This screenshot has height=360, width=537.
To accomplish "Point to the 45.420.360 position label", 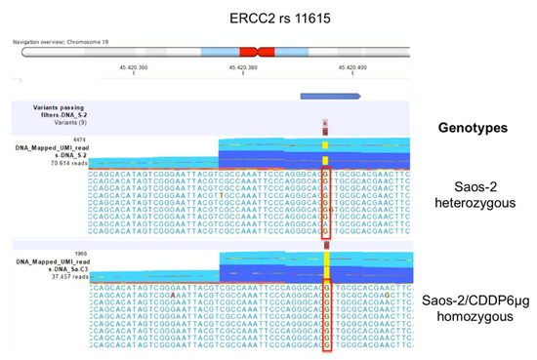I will tap(133, 67).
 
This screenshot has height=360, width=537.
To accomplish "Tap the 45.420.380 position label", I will tap(242, 67).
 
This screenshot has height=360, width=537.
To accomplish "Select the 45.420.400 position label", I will tap(351, 67).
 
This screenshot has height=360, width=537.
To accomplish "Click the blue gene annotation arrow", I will tap(330, 96).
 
